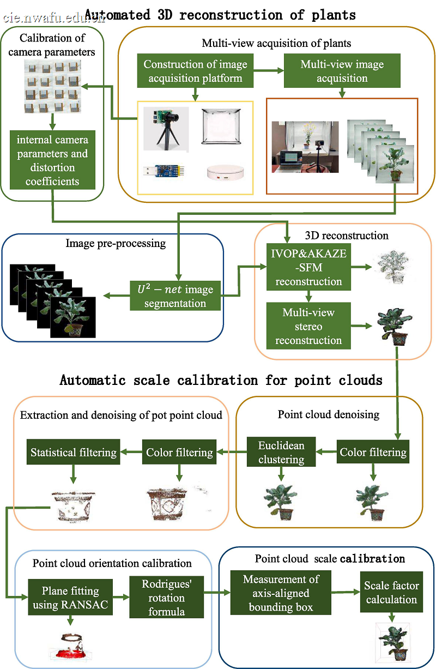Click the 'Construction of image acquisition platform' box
pyautogui.click(x=195, y=71)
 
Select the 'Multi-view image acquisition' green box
pyautogui.click(x=342, y=71)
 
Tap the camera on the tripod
pyautogui.click(x=166, y=129)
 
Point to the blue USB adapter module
pyautogui.click(x=163, y=171)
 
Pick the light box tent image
pyautogui.click(x=221, y=126)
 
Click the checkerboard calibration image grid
pyautogui.click(x=52, y=86)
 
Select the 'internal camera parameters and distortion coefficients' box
pyautogui.click(x=52, y=160)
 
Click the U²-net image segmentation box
pyautogui.click(x=175, y=296)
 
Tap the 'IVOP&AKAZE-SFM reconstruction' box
pyautogui.click(x=308, y=267)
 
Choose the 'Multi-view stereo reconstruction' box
pyautogui.click(x=308, y=326)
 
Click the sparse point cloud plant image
pyautogui.click(x=393, y=267)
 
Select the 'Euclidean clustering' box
pyautogui.click(x=281, y=451)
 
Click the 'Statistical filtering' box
pyautogui.click(x=73, y=451)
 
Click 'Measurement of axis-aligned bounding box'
pyautogui.click(x=281, y=593)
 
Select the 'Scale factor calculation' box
pyautogui.click(x=391, y=592)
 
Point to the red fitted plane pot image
pyautogui.click(x=71, y=647)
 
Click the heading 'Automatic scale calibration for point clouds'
pyautogui.click(x=221, y=380)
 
